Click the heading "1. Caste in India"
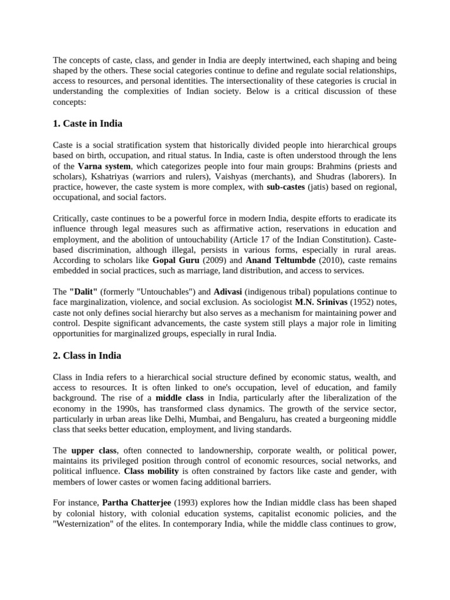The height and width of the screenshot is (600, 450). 87,124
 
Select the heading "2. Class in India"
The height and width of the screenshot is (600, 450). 87,355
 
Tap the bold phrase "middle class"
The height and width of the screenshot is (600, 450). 179,398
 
